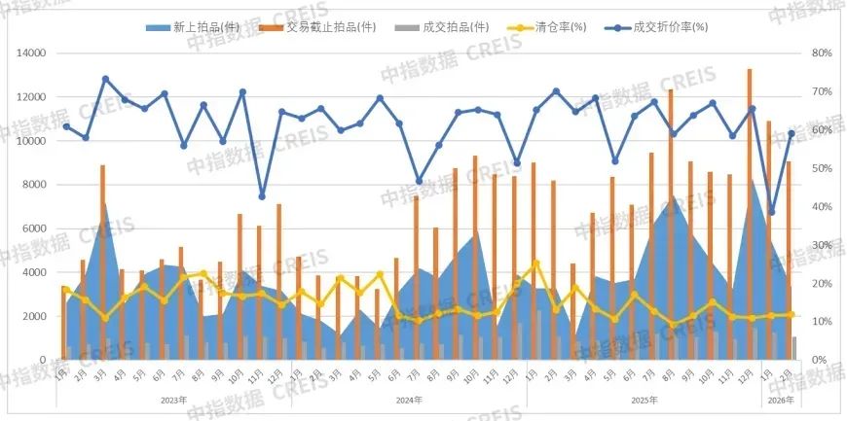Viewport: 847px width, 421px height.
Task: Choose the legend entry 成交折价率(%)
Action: [668, 28]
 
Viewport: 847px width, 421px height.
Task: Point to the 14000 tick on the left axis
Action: [32, 53]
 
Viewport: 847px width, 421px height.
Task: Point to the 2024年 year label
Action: [409, 400]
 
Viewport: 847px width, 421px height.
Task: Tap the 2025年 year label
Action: [644, 400]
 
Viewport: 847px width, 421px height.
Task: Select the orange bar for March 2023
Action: [102, 263]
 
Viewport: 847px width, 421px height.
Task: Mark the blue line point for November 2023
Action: [262, 196]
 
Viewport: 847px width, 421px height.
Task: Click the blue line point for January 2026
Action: [771, 212]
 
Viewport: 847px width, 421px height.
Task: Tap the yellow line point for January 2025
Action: [535, 263]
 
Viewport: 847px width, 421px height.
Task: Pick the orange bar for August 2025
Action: [671, 225]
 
